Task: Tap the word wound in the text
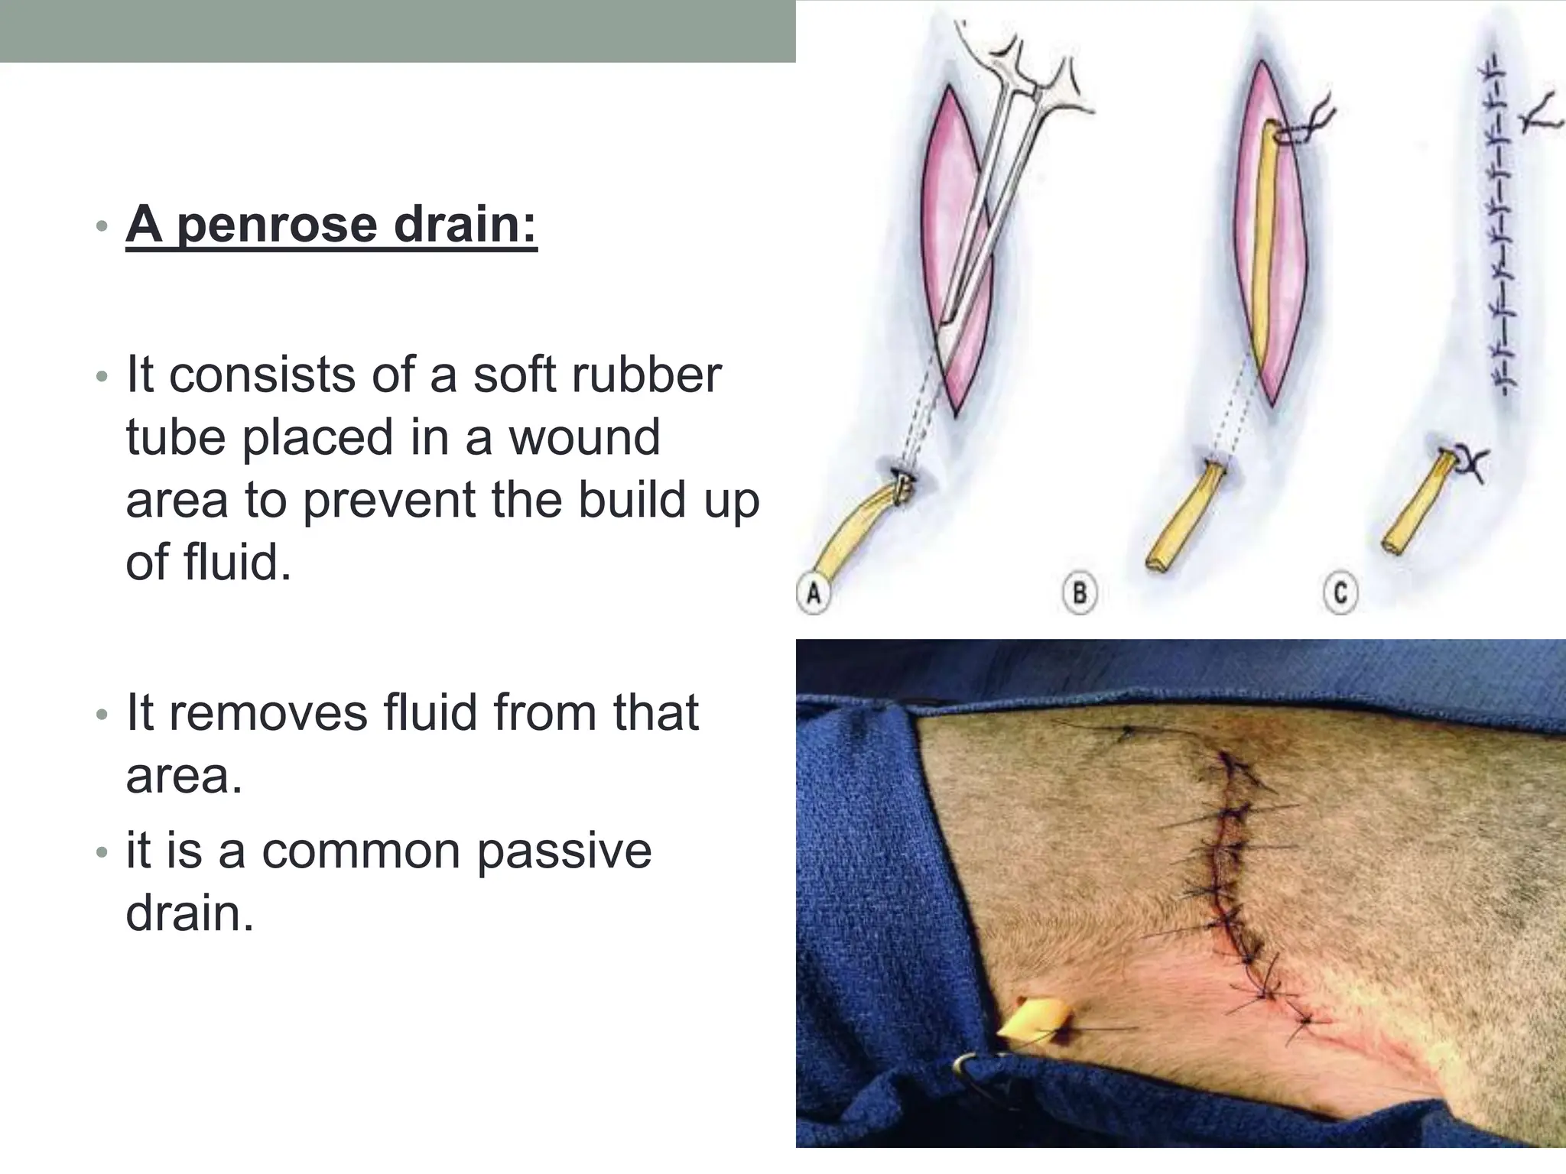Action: pyautogui.click(x=584, y=437)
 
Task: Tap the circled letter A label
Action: pyautogui.click(x=814, y=594)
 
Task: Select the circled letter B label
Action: pyautogui.click(x=1080, y=594)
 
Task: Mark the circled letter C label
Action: pyautogui.click(x=1340, y=594)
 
